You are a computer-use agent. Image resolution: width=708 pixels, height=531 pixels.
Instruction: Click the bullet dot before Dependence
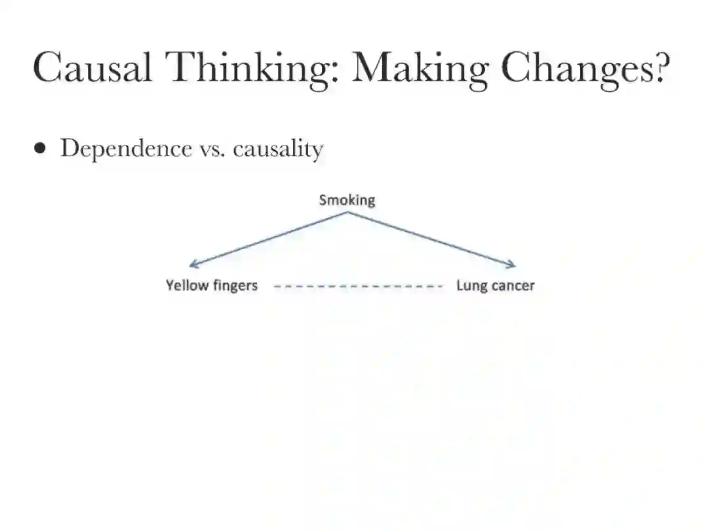[41, 149]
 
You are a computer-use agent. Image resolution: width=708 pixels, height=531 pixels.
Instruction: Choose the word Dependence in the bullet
[125, 149]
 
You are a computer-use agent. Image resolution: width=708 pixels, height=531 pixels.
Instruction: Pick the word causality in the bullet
[278, 149]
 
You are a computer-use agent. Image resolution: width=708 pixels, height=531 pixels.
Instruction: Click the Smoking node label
[347, 200]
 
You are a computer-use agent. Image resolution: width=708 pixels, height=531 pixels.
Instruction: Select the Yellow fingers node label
[211, 285]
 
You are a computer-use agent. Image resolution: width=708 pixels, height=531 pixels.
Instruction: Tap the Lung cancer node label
[495, 285]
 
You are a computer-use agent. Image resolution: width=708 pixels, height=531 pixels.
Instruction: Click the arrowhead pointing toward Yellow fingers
[191, 265]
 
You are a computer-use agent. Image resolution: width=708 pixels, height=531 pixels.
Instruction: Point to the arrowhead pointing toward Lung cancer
[513, 265]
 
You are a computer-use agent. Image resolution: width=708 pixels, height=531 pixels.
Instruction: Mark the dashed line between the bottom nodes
[357, 286]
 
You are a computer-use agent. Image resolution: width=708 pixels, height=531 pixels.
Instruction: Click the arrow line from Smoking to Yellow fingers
[269, 239]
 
